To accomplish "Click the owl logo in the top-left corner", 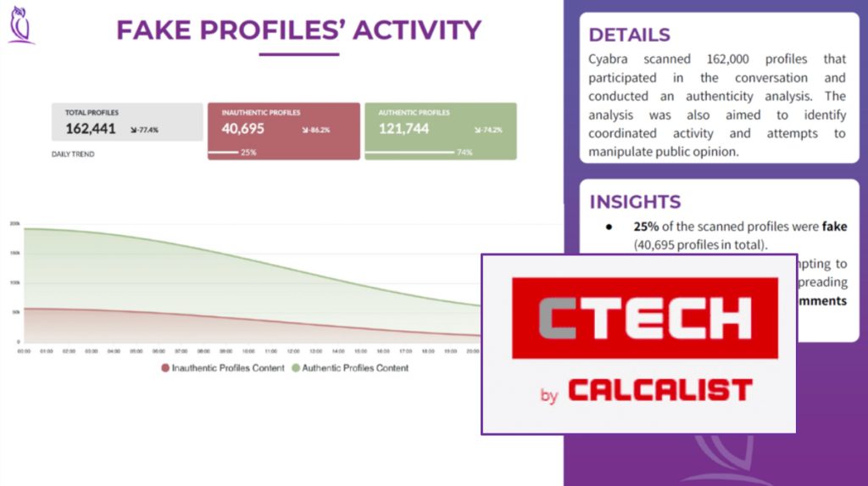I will [x=20, y=25].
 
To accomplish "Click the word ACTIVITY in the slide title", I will [x=416, y=31].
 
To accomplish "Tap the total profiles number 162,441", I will [x=91, y=129].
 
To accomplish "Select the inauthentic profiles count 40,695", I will [x=243, y=129].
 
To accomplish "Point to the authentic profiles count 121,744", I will [x=403, y=129].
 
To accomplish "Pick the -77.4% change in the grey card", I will [x=144, y=131].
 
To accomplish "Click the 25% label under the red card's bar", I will [x=248, y=153].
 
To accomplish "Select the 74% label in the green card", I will [x=464, y=153].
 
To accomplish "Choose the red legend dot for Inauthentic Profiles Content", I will [x=165, y=368].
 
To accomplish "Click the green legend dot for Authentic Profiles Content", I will [x=296, y=368].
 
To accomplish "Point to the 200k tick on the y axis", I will [x=14, y=224].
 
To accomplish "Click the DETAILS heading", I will [x=629, y=35].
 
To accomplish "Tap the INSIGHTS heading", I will [x=635, y=202].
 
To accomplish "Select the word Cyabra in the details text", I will [x=610, y=59].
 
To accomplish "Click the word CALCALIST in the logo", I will [x=659, y=390].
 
